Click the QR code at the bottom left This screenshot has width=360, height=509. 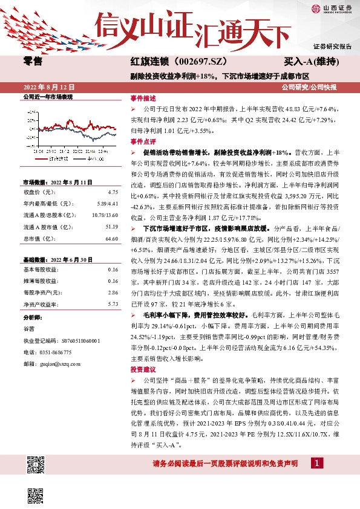coord(36,467)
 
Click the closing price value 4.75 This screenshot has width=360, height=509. coord(113,192)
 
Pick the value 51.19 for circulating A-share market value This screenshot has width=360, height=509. coord(111,227)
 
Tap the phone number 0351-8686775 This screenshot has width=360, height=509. coord(57,352)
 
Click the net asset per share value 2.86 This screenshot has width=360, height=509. coord(113,292)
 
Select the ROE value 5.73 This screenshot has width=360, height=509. coord(113,304)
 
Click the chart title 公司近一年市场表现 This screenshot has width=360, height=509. coord(48,97)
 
